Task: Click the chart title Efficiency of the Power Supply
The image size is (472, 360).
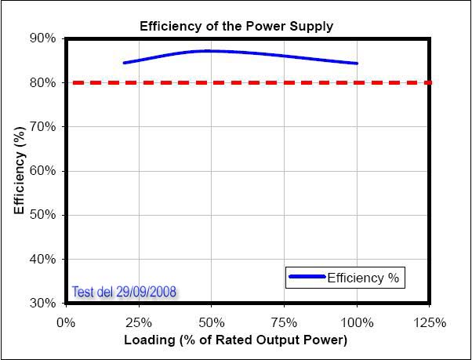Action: pos(236,26)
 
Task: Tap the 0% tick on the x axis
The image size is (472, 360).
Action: pos(66,322)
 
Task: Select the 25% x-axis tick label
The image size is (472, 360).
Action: pos(139,322)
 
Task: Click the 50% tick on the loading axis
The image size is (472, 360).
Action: pos(212,322)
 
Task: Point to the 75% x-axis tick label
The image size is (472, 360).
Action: pos(285,322)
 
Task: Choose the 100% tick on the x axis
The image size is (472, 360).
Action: pos(357,322)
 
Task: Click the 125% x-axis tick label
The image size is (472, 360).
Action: pos(430,322)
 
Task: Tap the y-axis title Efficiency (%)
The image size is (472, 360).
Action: pos(20,170)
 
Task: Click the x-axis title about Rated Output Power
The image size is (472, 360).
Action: pos(235,340)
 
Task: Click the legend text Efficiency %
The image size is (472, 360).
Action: pos(364,278)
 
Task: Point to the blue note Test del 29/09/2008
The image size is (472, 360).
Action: pos(124,292)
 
